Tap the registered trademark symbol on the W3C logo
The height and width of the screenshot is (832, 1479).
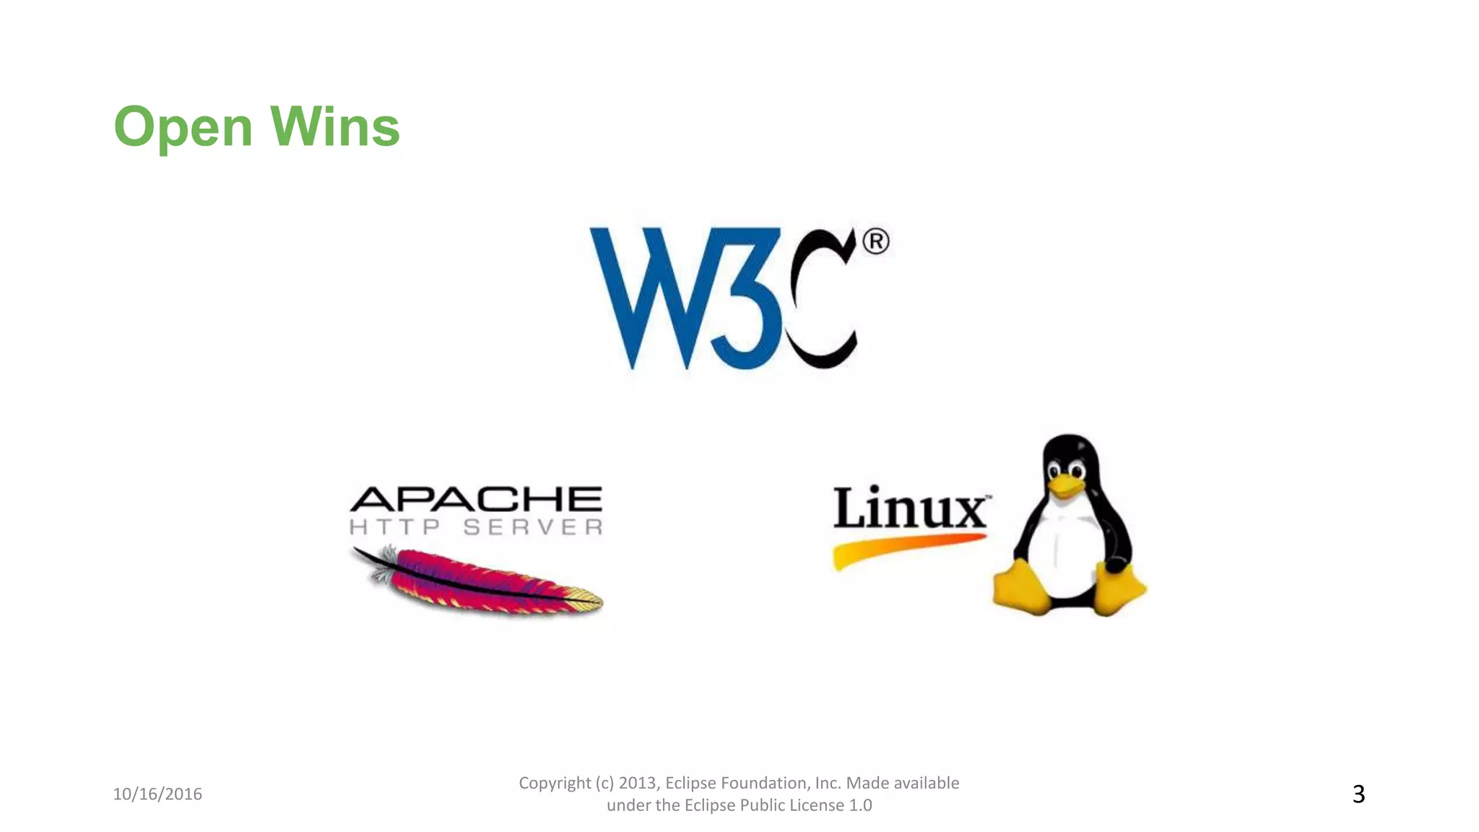tap(875, 241)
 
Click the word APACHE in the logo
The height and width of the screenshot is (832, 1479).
tap(476, 500)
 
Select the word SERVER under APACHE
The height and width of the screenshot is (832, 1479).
tap(533, 527)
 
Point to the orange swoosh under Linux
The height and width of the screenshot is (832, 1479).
tap(903, 549)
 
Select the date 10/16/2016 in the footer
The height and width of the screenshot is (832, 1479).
tap(157, 794)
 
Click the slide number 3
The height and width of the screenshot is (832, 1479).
tap(1358, 794)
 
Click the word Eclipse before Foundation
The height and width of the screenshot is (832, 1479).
tap(690, 783)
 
